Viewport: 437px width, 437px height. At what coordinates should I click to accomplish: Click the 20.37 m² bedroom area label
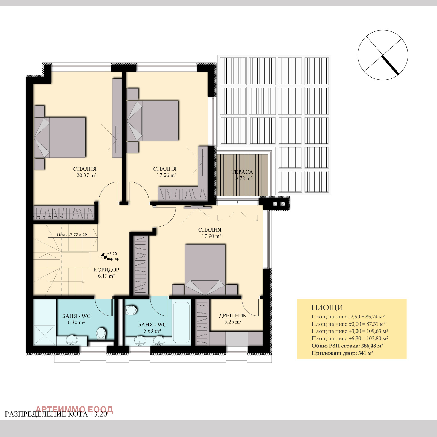tap(86, 175)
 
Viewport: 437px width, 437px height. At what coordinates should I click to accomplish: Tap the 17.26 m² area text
tap(167, 175)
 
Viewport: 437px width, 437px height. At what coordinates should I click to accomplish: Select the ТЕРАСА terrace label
tap(242, 172)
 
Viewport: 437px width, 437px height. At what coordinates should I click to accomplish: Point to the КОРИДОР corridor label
tap(106, 270)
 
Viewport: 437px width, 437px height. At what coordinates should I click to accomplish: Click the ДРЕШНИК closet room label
tap(233, 315)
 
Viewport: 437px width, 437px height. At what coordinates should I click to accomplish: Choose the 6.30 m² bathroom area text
tap(76, 323)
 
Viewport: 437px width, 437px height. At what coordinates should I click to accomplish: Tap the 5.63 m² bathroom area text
tap(152, 331)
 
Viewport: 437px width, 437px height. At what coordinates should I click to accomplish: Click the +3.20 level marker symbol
tap(104, 256)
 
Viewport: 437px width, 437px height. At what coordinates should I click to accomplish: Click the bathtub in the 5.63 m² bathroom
tap(182, 322)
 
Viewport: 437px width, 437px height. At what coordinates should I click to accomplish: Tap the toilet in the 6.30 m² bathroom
tap(101, 333)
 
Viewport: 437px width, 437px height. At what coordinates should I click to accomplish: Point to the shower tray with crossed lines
tap(45, 335)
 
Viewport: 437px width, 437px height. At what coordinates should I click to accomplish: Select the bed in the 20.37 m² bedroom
tap(60, 137)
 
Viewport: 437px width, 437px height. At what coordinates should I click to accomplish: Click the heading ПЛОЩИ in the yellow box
tap(327, 308)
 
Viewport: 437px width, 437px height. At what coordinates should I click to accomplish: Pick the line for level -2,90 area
tap(348, 317)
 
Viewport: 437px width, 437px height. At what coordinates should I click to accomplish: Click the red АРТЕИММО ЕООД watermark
tap(74, 409)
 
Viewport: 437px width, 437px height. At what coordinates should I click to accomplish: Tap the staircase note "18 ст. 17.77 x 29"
tap(72, 235)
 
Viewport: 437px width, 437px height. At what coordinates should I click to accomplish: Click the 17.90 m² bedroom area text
tap(211, 236)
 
